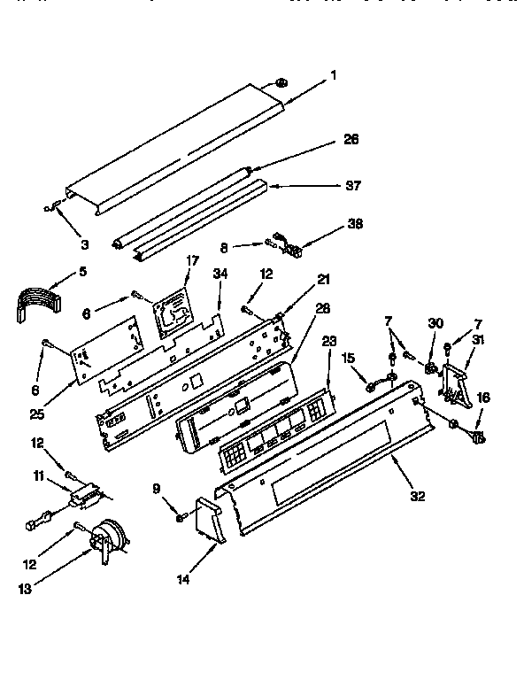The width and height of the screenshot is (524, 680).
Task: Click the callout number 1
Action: click(334, 75)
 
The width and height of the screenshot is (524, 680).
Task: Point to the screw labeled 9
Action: click(179, 516)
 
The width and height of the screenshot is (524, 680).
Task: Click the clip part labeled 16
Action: click(479, 436)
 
